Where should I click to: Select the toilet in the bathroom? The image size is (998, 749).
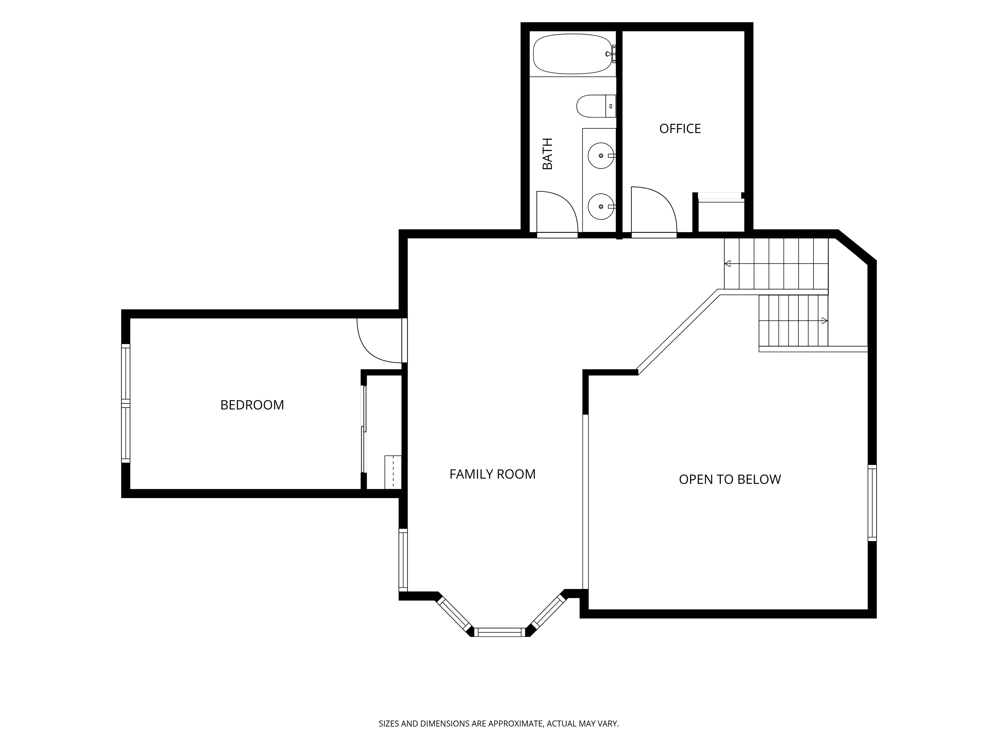click(x=596, y=106)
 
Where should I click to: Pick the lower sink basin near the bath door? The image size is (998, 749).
click(x=601, y=206)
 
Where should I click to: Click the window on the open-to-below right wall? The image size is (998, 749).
click(x=872, y=503)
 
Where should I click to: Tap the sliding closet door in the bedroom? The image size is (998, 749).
click(x=364, y=429)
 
